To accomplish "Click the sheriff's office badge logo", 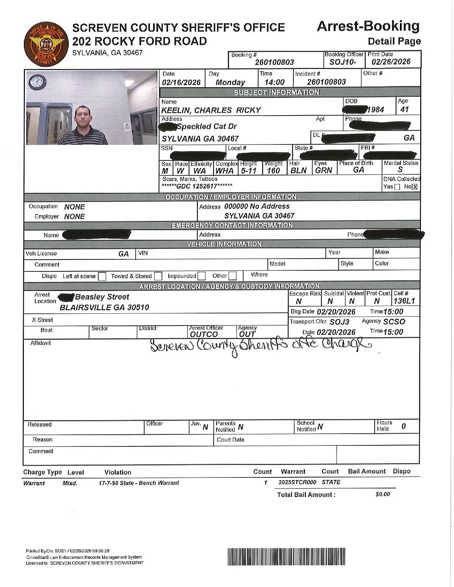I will [45, 45].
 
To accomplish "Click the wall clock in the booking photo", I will [37, 83].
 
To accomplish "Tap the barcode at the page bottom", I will [287, 557].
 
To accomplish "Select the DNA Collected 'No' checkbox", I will [414, 187].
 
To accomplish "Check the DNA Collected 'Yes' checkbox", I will [397, 187].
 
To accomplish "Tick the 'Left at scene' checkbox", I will [102, 276].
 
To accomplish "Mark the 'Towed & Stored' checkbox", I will [158, 276].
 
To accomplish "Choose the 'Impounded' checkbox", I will [202, 276].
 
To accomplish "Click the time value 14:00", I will [275, 83].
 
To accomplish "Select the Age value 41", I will [405, 110].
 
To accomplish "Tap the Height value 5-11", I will [249, 171].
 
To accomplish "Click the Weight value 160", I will [274, 171].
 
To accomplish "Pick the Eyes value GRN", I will [323, 170].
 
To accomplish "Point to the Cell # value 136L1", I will [404, 301].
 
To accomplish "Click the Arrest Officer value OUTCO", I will [204, 334].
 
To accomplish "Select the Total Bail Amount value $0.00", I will [383, 495].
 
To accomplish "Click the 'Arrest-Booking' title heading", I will [368, 26].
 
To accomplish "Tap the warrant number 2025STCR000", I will [297, 482].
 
